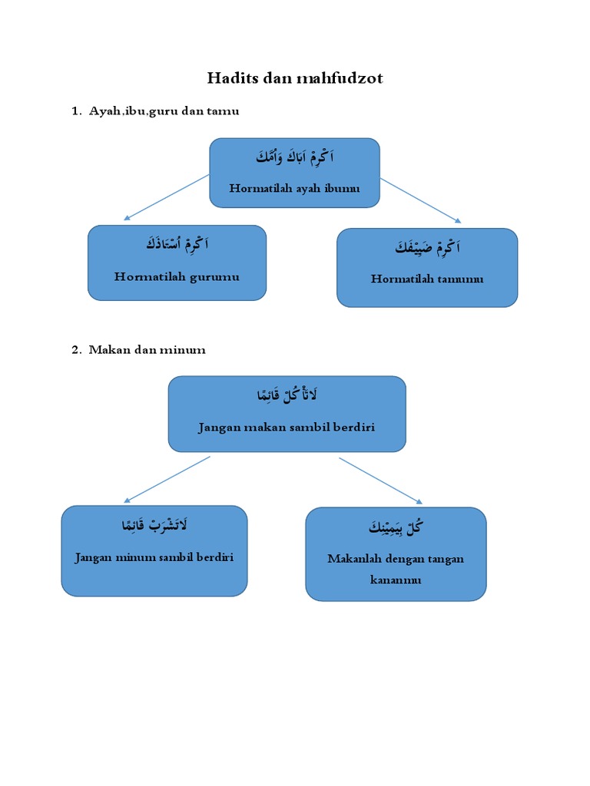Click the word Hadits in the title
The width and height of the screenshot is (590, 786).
(233, 78)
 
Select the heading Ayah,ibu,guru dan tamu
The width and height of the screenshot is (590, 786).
(164, 111)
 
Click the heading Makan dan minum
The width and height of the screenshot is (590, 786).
(147, 350)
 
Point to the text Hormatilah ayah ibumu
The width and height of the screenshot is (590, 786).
(294, 188)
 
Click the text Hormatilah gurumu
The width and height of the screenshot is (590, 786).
(177, 276)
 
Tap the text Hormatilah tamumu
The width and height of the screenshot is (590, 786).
(427, 279)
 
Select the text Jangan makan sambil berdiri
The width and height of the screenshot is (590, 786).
(287, 427)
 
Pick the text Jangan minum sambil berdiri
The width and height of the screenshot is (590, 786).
(154, 557)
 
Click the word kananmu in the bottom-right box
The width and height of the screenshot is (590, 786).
(396, 580)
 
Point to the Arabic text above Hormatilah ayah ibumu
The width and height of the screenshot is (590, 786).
(295, 158)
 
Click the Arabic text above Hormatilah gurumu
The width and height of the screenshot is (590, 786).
(177, 245)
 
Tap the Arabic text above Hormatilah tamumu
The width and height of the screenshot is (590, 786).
(428, 247)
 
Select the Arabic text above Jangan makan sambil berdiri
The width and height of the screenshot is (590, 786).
(287, 395)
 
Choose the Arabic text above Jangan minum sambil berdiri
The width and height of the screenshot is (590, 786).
(154, 526)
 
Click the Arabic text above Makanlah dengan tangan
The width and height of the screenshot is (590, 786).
(396, 527)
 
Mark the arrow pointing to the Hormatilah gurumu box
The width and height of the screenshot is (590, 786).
(166, 197)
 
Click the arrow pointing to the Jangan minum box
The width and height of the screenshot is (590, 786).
(166, 479)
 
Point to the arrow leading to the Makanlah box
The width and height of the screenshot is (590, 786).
(380, 481)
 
